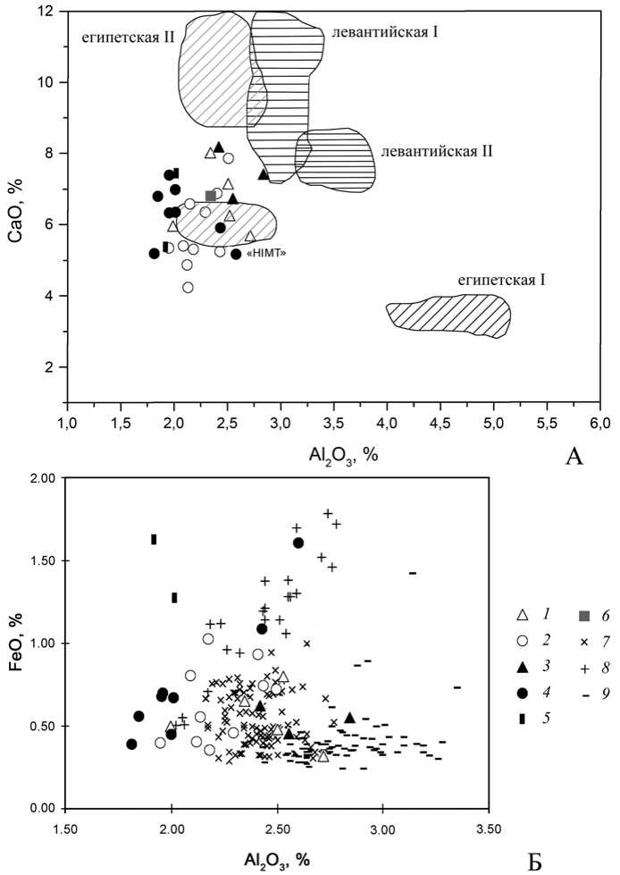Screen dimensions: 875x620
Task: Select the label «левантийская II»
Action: coord(436,152)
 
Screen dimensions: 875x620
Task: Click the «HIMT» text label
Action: coord(276,254)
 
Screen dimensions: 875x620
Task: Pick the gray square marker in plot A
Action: coord(211,196)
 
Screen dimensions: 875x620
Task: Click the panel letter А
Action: coord(575,457)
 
